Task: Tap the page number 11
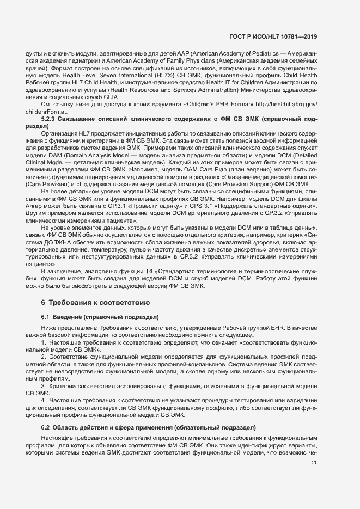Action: [x=314, y=463]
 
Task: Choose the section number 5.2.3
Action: [x=50, y=119]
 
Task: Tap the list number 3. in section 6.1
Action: [x=44, y=386]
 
